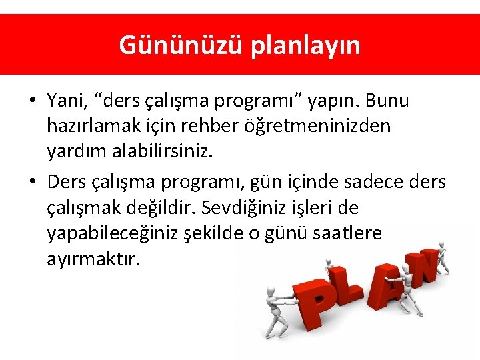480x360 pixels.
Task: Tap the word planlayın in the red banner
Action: point(306,45)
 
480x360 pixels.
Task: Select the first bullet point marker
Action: point(32,101)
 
